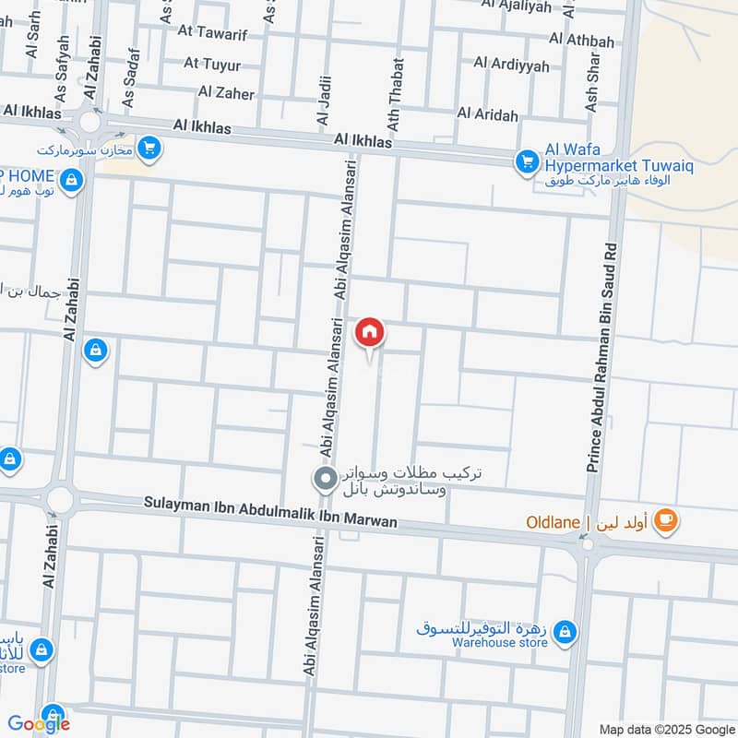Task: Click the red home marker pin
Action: [x=369, y=332]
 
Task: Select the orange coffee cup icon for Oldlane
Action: [x=664, y=522]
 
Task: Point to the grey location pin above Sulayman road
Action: [x=325, y=479]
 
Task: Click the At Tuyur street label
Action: [x=212, y=64]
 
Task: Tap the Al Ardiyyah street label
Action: [x=511, y=65]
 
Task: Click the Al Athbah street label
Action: [x=581, y=40]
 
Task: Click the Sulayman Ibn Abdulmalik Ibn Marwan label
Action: [x=270, y=512]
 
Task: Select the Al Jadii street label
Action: [x=323, y=101]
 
